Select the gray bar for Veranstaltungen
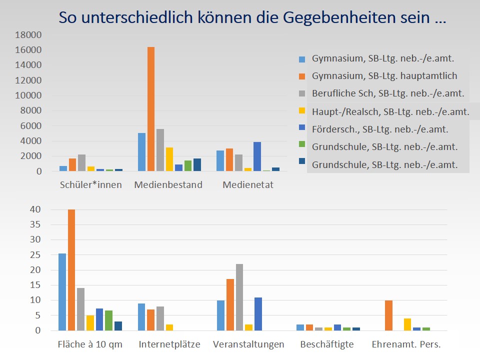point(239,297)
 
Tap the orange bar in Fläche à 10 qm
point(71,270)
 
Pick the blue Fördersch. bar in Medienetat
point(257,156)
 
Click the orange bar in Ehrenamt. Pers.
point(388,315)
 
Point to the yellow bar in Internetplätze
point(169,327)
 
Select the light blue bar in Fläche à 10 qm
point(62,292)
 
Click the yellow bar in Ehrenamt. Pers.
point(407,324)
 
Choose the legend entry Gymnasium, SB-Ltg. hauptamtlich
point(384,76)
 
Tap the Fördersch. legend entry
point(380,129)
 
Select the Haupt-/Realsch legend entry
point(390,111)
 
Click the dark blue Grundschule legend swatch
point(302,164)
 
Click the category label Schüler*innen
point(90,185)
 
